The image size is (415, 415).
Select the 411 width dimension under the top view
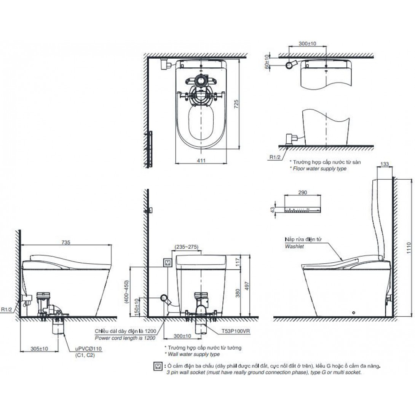coord(201,161)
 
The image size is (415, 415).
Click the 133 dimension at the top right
coord(385,164)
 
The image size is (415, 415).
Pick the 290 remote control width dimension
coord(303,193)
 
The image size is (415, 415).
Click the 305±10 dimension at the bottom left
coord(39,348)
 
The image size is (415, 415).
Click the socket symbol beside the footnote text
coord(156,366)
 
